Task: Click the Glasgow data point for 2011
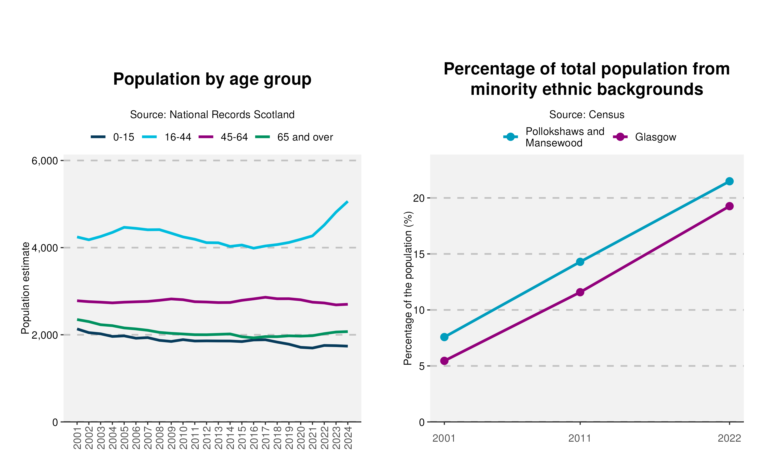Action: (580, 292)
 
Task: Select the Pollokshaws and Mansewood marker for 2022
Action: (729, 181)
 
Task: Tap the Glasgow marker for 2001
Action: (444, 361)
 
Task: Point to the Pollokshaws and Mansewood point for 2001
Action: (444, 337)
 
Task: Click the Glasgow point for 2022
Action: (729, 206)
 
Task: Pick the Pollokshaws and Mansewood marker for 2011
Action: (580, 262)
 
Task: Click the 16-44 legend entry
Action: (167, 137)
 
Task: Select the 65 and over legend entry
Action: (294, 137)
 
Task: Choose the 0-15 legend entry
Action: (112, 137)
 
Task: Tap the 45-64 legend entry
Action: (223, 137)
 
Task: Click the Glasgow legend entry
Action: (644, 137)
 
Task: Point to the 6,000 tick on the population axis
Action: (45, 161)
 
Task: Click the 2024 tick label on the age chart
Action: (348, 438)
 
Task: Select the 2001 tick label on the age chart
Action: (77, 438)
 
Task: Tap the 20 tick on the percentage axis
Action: (419, 198)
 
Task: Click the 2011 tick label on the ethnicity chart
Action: (580, 438)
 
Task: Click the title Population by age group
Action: (212, 79)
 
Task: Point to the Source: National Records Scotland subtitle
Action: (212, 114)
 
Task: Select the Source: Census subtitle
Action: (586, 114)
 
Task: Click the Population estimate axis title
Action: (25, 288)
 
